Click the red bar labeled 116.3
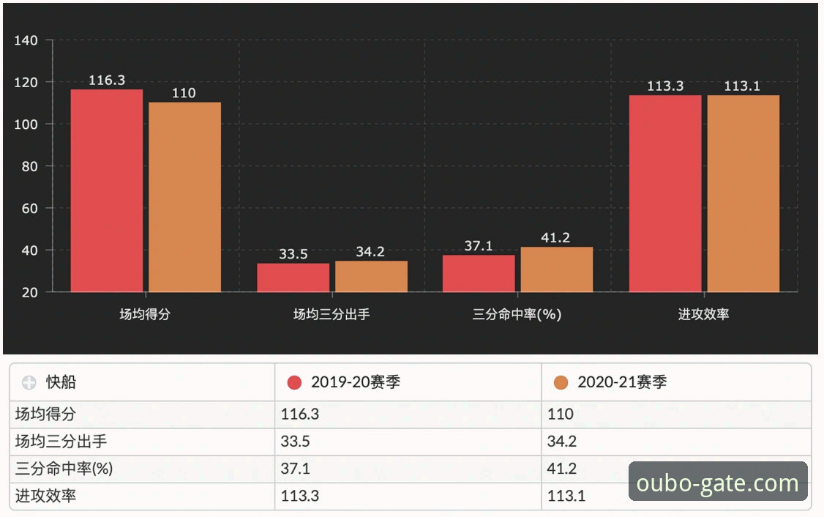[x=107, y=190]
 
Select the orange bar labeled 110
[x=184, y=197]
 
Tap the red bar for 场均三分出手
[x=293, y=278]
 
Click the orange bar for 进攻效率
[x=743, y=193]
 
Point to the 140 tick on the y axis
[x=26, y=40]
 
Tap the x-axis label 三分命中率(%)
[x=517, y=315]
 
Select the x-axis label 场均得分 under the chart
[x=146, y=315]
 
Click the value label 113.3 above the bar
[x=665, y=86]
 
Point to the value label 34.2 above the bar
[x=370, y=252]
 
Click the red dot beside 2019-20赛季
[x=295, y=382]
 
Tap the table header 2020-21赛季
[x=622, y=382]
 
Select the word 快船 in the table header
[x=61, y=382]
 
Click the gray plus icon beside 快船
[x=29, y=383]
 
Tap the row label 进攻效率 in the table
[x=45, y=496]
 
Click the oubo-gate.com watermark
[x=717, y=483]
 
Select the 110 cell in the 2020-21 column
[x=561, y=414]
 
